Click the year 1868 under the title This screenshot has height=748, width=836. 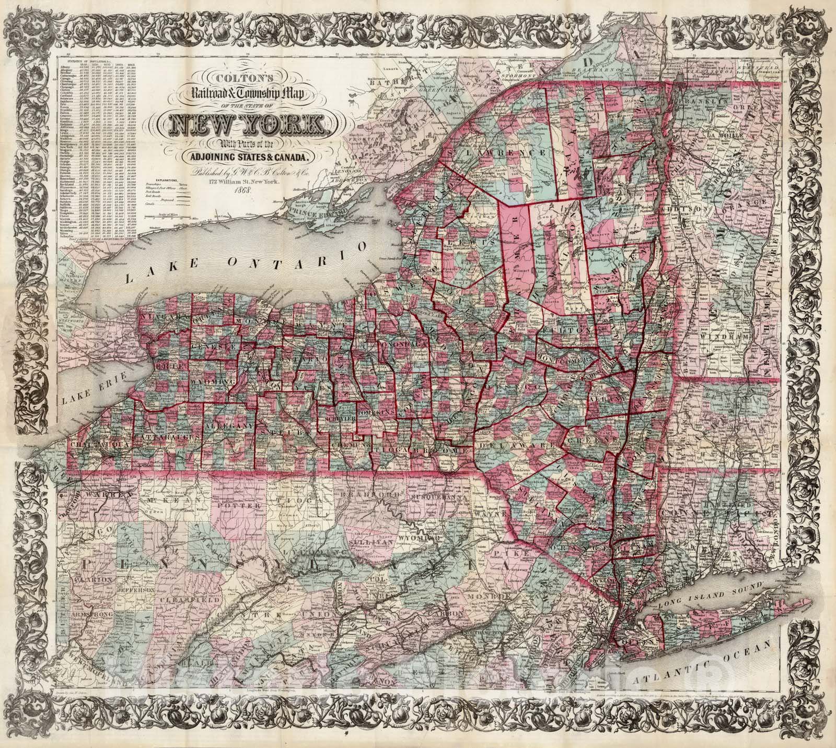243,190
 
